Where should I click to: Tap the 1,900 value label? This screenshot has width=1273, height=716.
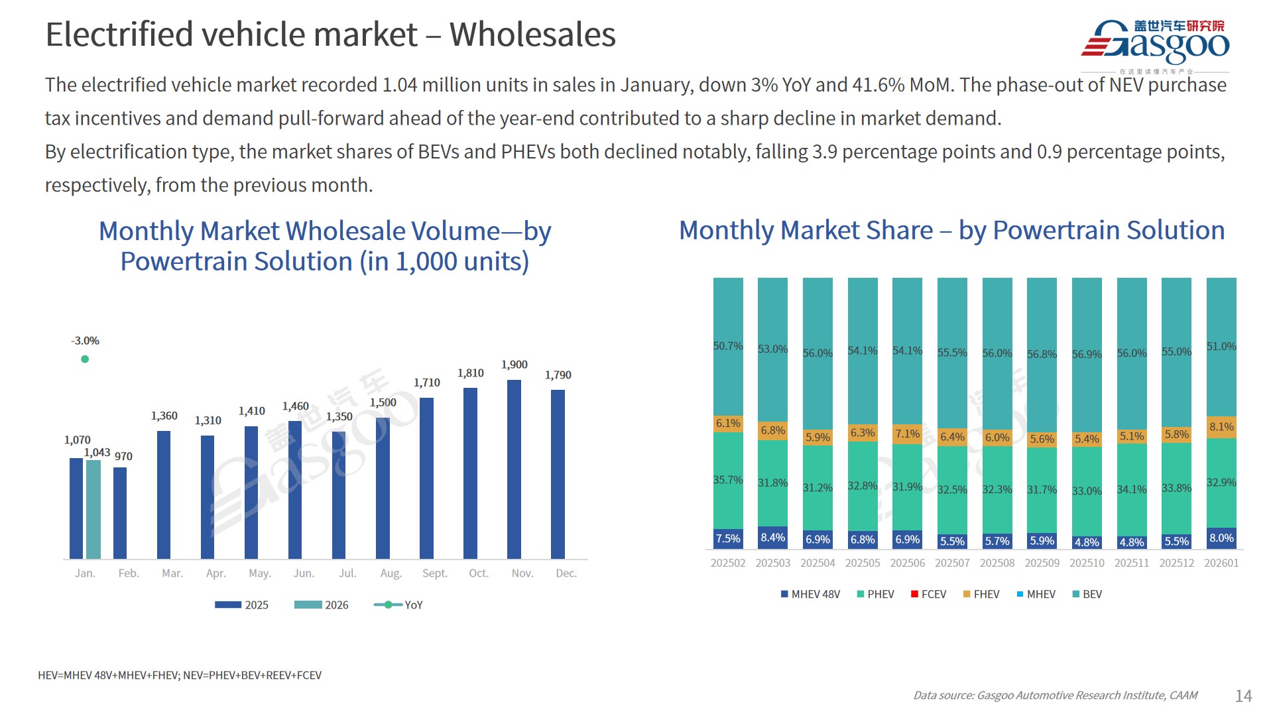click(514, 365)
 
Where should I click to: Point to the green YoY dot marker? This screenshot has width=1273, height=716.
click(85, 359)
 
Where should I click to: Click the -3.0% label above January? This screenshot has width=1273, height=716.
click(85, 341)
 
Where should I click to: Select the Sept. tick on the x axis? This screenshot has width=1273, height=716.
click(434, 573)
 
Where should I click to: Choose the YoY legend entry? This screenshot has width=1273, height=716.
click(398, 605)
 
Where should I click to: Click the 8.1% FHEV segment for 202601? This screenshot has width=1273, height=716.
click(1221, 427)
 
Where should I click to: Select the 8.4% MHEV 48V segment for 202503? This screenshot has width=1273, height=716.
click(772, 538)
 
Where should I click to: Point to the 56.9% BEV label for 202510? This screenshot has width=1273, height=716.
click(1087, 355)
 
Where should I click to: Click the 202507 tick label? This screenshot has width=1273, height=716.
click(952, 563)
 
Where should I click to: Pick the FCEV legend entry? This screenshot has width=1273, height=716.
click(928, 594)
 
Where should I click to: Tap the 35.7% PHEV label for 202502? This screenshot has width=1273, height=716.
click(728, 480)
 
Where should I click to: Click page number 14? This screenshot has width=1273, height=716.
click(1243, 695)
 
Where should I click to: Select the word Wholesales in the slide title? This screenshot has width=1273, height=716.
click(532, 34)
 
